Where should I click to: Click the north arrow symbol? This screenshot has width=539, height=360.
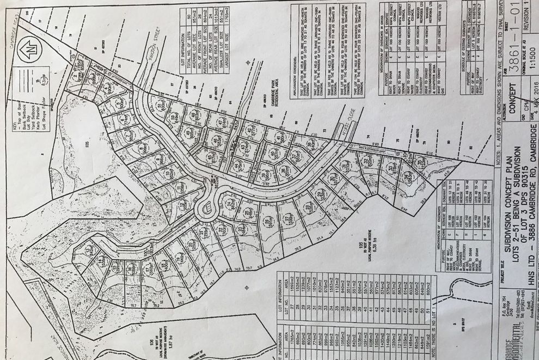click(x=29, y=50)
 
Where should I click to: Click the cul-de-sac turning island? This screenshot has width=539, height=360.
click(x=206, y=208)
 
